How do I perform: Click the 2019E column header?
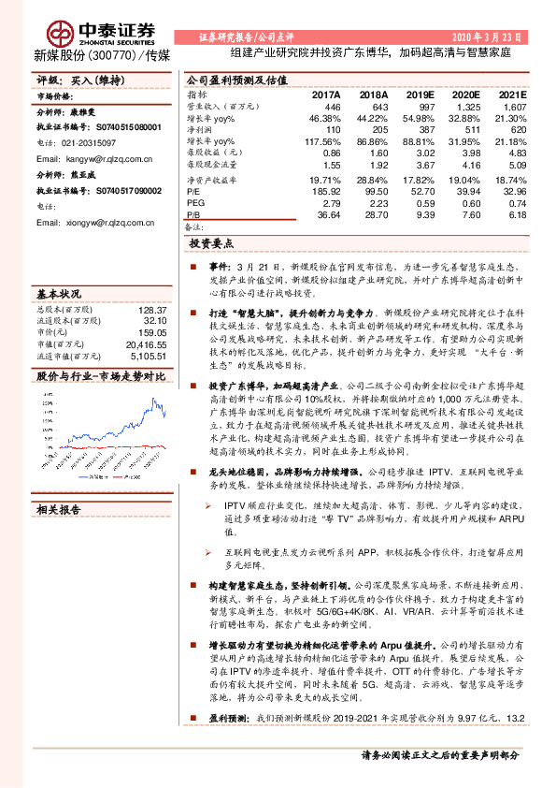coord(420,95)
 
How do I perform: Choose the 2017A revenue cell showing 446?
coord(331,108)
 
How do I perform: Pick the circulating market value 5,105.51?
coord(146,356)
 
